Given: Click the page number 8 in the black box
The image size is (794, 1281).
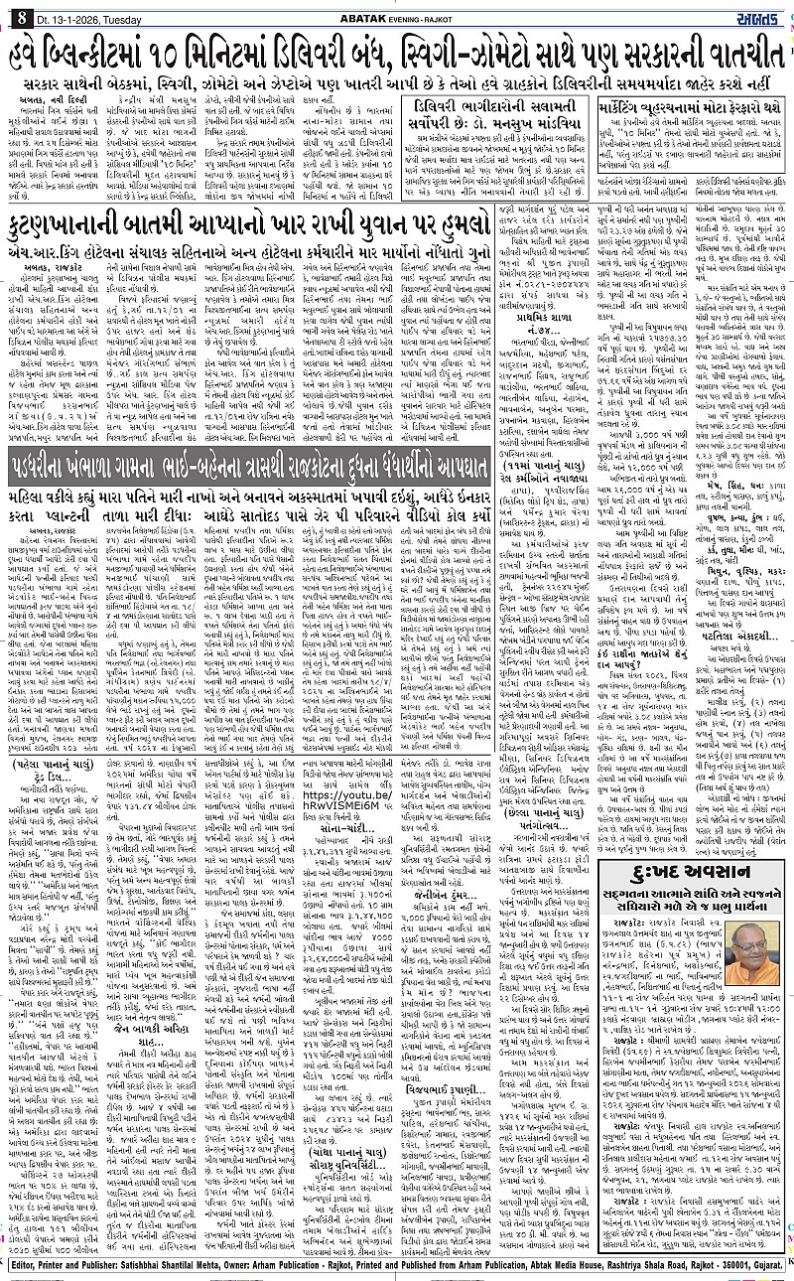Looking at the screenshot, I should pos(20,16).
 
